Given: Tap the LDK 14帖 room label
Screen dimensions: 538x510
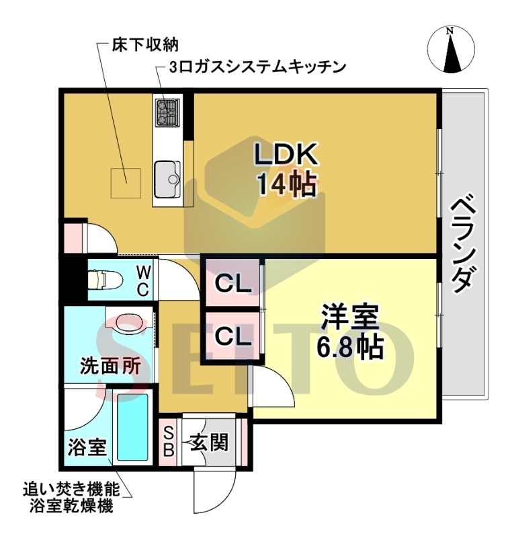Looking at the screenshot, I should pyautogui.click(x=285, y=171).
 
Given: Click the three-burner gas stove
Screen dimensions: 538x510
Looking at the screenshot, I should pyautogui.click(x=167, y=113).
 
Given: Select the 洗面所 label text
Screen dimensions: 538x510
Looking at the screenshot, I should pyautogui.click(x=111, y=365).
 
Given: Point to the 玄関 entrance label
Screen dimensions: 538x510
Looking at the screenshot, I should pyautogui.click(x=209, y=442).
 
